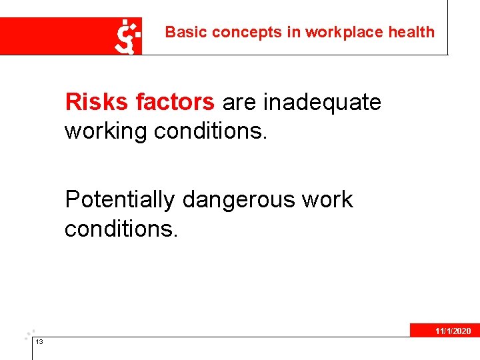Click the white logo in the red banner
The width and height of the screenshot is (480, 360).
128,37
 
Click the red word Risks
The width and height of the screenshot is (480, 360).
97,102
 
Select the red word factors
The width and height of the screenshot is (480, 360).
175,102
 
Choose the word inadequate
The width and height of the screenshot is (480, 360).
323,102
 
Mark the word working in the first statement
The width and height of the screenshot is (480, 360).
106,131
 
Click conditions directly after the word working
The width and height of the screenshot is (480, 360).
211,131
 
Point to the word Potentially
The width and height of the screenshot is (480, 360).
120,199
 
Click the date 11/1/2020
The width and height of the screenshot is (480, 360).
453,331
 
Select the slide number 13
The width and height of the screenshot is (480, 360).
39,341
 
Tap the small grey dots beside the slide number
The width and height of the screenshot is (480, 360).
29,333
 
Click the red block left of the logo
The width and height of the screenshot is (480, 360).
57,36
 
